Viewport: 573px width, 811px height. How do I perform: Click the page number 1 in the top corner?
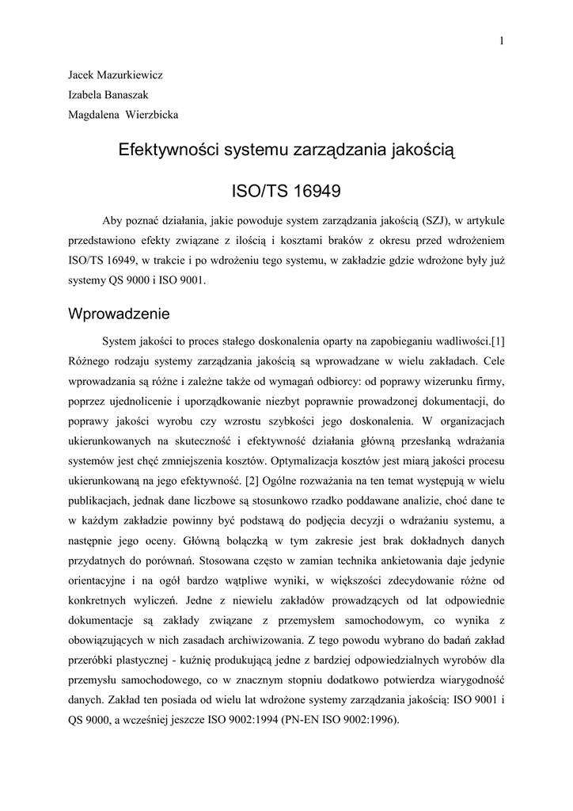pos(502,41)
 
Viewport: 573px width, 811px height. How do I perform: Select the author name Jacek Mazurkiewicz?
pos(115,75)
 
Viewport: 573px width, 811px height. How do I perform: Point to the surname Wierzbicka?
pos(153,115)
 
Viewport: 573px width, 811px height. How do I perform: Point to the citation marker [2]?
pos(252,480)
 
